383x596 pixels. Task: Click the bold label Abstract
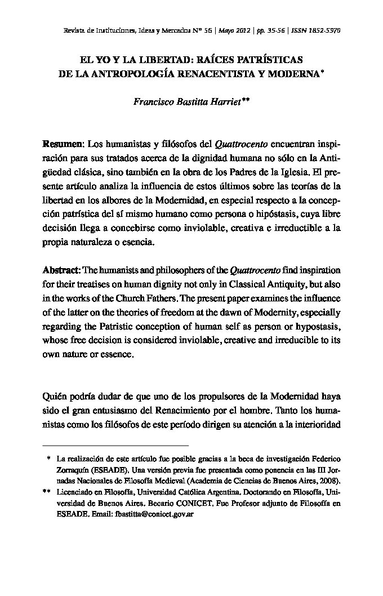[62, 270]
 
